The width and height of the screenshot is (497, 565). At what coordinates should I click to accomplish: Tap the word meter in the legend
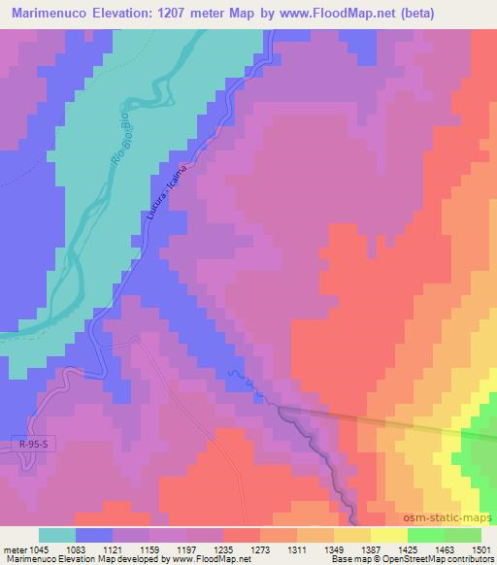[15, 550]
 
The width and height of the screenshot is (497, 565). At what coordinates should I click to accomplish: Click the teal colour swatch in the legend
[56, 536]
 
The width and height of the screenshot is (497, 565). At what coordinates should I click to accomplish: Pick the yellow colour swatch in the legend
[388, 536]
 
